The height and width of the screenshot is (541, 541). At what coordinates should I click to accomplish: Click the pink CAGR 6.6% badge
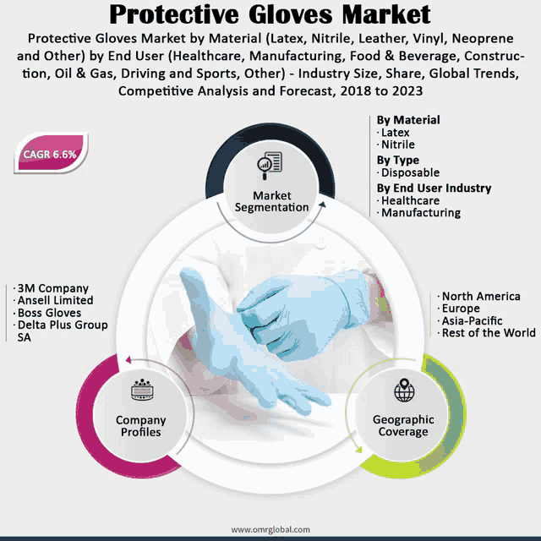(x=51, y=153)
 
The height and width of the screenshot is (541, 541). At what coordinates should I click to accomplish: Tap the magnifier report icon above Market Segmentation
(x=270, y=166)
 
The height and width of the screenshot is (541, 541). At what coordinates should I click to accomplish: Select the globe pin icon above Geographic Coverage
(x=404, y=390)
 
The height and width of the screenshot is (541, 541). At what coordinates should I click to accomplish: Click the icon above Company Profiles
(x=142, y=390)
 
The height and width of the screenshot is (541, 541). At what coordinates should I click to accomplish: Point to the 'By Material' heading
(x=408, y=120)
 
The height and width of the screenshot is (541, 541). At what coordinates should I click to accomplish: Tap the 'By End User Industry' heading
(x=434, y=188)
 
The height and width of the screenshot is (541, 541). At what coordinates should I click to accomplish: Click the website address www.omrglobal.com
(x=270, y=529)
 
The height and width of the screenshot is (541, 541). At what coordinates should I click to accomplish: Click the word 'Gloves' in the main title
(x=290, y=14)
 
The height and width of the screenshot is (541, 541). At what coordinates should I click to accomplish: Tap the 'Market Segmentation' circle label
(x=272, y=201)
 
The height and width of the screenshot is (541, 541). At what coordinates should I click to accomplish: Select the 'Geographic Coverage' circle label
(x=403, y=425)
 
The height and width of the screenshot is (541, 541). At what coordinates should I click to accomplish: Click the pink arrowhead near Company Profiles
(x=128, y=360)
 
